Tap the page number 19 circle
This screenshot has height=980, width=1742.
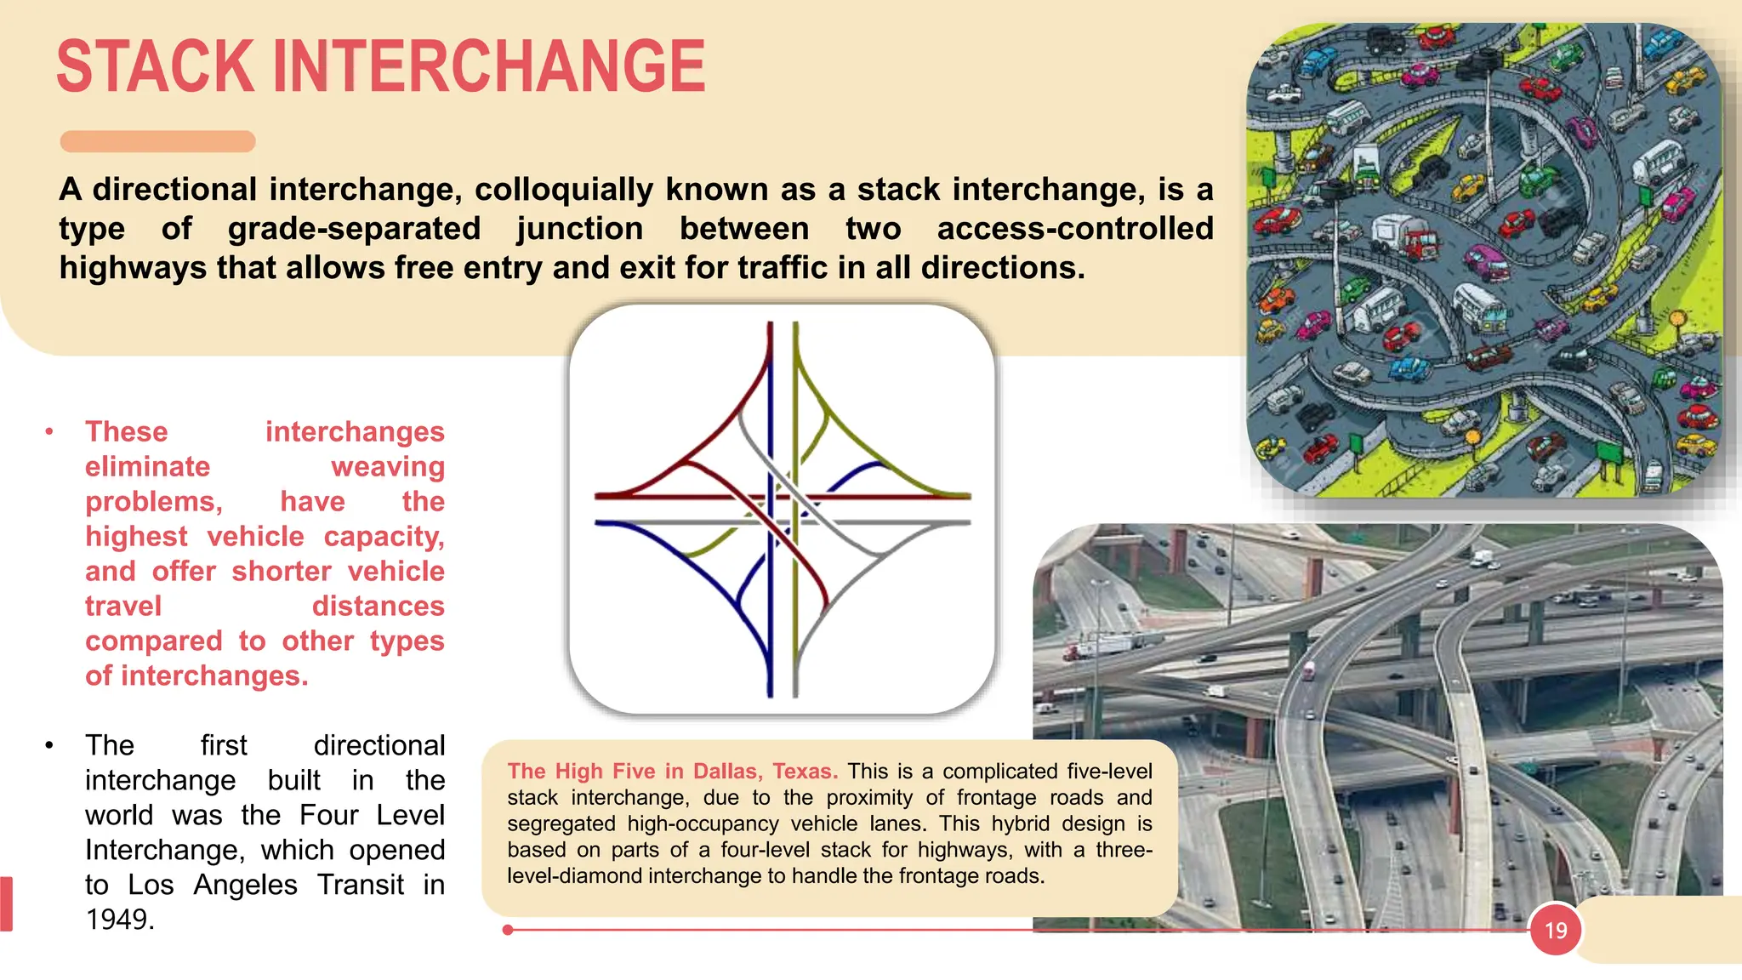pos(1556,930)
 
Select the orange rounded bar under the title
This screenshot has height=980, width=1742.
pos(157,141)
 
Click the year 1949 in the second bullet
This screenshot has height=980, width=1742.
pos(120,920)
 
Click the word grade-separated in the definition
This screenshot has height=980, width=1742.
pos(354,229)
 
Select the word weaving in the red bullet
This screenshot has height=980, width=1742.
pos(388,467)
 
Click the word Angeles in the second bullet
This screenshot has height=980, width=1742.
pos(245,885)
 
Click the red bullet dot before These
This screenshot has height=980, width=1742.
pos(49,432)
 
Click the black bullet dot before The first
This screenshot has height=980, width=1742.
pos(49,746)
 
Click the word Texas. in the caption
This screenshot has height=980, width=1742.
pos(805,772)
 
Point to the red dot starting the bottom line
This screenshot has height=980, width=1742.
pos(508,930)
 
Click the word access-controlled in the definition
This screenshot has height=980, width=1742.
pos(1075,229)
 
